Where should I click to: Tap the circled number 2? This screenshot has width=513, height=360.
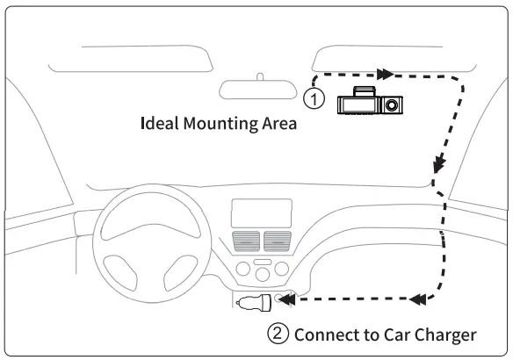(x=278, y=335)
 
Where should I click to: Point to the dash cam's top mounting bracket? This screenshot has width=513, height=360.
(x=363, y=90)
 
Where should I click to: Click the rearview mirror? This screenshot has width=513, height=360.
(x=261, y=89)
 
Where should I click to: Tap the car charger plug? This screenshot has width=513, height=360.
(x=256, y=304)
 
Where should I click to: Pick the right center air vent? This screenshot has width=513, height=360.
(x=277, y=240)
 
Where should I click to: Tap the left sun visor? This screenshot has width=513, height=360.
(x=129, y=58)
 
